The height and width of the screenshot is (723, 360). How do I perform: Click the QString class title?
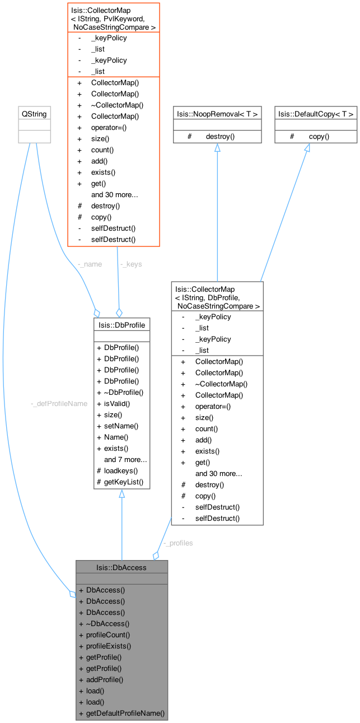pos(34,114)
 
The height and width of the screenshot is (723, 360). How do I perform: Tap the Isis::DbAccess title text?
pos(121,567)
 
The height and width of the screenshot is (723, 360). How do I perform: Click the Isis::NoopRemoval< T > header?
pos(217,114)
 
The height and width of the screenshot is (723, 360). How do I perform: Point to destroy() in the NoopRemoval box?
pos(220,136)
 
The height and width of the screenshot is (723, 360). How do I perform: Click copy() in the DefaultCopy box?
pos(319,136)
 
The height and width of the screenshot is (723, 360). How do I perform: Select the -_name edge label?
pos(90,264)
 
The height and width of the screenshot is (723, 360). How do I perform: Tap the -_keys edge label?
pos(130,264)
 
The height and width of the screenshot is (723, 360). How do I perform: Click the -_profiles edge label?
pos(178,543)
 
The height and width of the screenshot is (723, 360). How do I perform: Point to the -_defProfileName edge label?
pos(59,403)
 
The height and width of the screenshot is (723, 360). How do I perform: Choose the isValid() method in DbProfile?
pos(117,403)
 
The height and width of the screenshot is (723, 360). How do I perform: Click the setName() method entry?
pos(121,426)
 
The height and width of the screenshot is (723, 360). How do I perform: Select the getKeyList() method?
pos(124,482)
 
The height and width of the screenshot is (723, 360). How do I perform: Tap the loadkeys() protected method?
pos(121,470)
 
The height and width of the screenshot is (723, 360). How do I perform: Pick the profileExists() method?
pos(108,646)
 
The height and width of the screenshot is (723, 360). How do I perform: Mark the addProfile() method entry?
pos(104,679)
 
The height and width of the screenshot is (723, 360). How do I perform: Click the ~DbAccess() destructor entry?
pos(107,623)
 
